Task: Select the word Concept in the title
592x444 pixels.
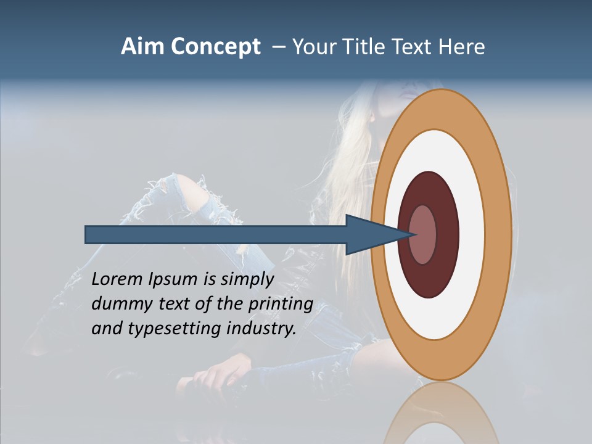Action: tap(216, 47)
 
